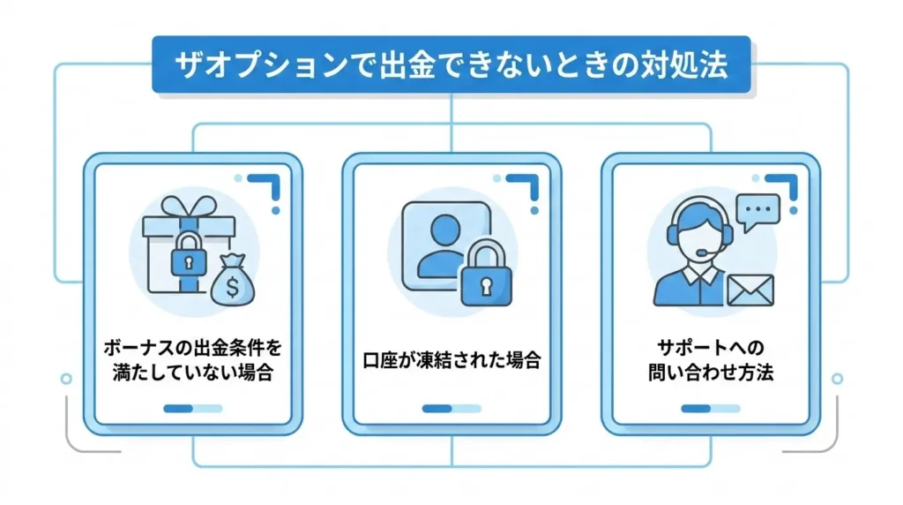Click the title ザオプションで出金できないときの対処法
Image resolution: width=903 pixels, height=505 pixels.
click(x=451, y=64)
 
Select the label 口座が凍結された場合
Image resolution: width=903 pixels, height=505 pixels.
click(x=451, y=360)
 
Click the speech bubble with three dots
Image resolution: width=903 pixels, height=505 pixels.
click(x=757, y=213)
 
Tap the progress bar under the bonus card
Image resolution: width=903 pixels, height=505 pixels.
click(x=193, y=409)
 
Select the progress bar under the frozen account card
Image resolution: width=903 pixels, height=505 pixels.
click(x=451, y=409)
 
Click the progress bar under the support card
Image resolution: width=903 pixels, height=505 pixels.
click(x=710, y=409)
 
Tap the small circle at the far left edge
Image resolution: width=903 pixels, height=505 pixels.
click(x=65, y=379)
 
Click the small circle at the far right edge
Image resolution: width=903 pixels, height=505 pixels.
click(x=837, y=379)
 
